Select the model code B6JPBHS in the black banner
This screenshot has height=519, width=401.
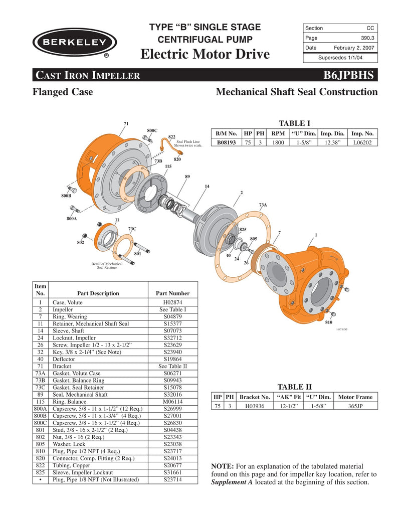(x=349, y=75)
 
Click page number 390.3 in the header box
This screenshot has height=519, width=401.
(x=367, y=38)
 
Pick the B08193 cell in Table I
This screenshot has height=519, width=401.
(x=227, y=142)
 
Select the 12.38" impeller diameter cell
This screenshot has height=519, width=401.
(x=332, y=142)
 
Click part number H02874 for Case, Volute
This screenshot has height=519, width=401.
(x=172, y=302)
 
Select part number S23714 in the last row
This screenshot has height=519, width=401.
(x=172, y=479)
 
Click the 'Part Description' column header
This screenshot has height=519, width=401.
(x=98, y=293)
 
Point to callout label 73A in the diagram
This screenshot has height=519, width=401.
(x=263, y=205)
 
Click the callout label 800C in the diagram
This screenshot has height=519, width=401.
(x=152, y=130)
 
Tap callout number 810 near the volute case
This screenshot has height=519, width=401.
(x=329, y=322)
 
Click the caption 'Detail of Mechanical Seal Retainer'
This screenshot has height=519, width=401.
(x=107, y=266)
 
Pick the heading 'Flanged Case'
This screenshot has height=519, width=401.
(x=63, y=92)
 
